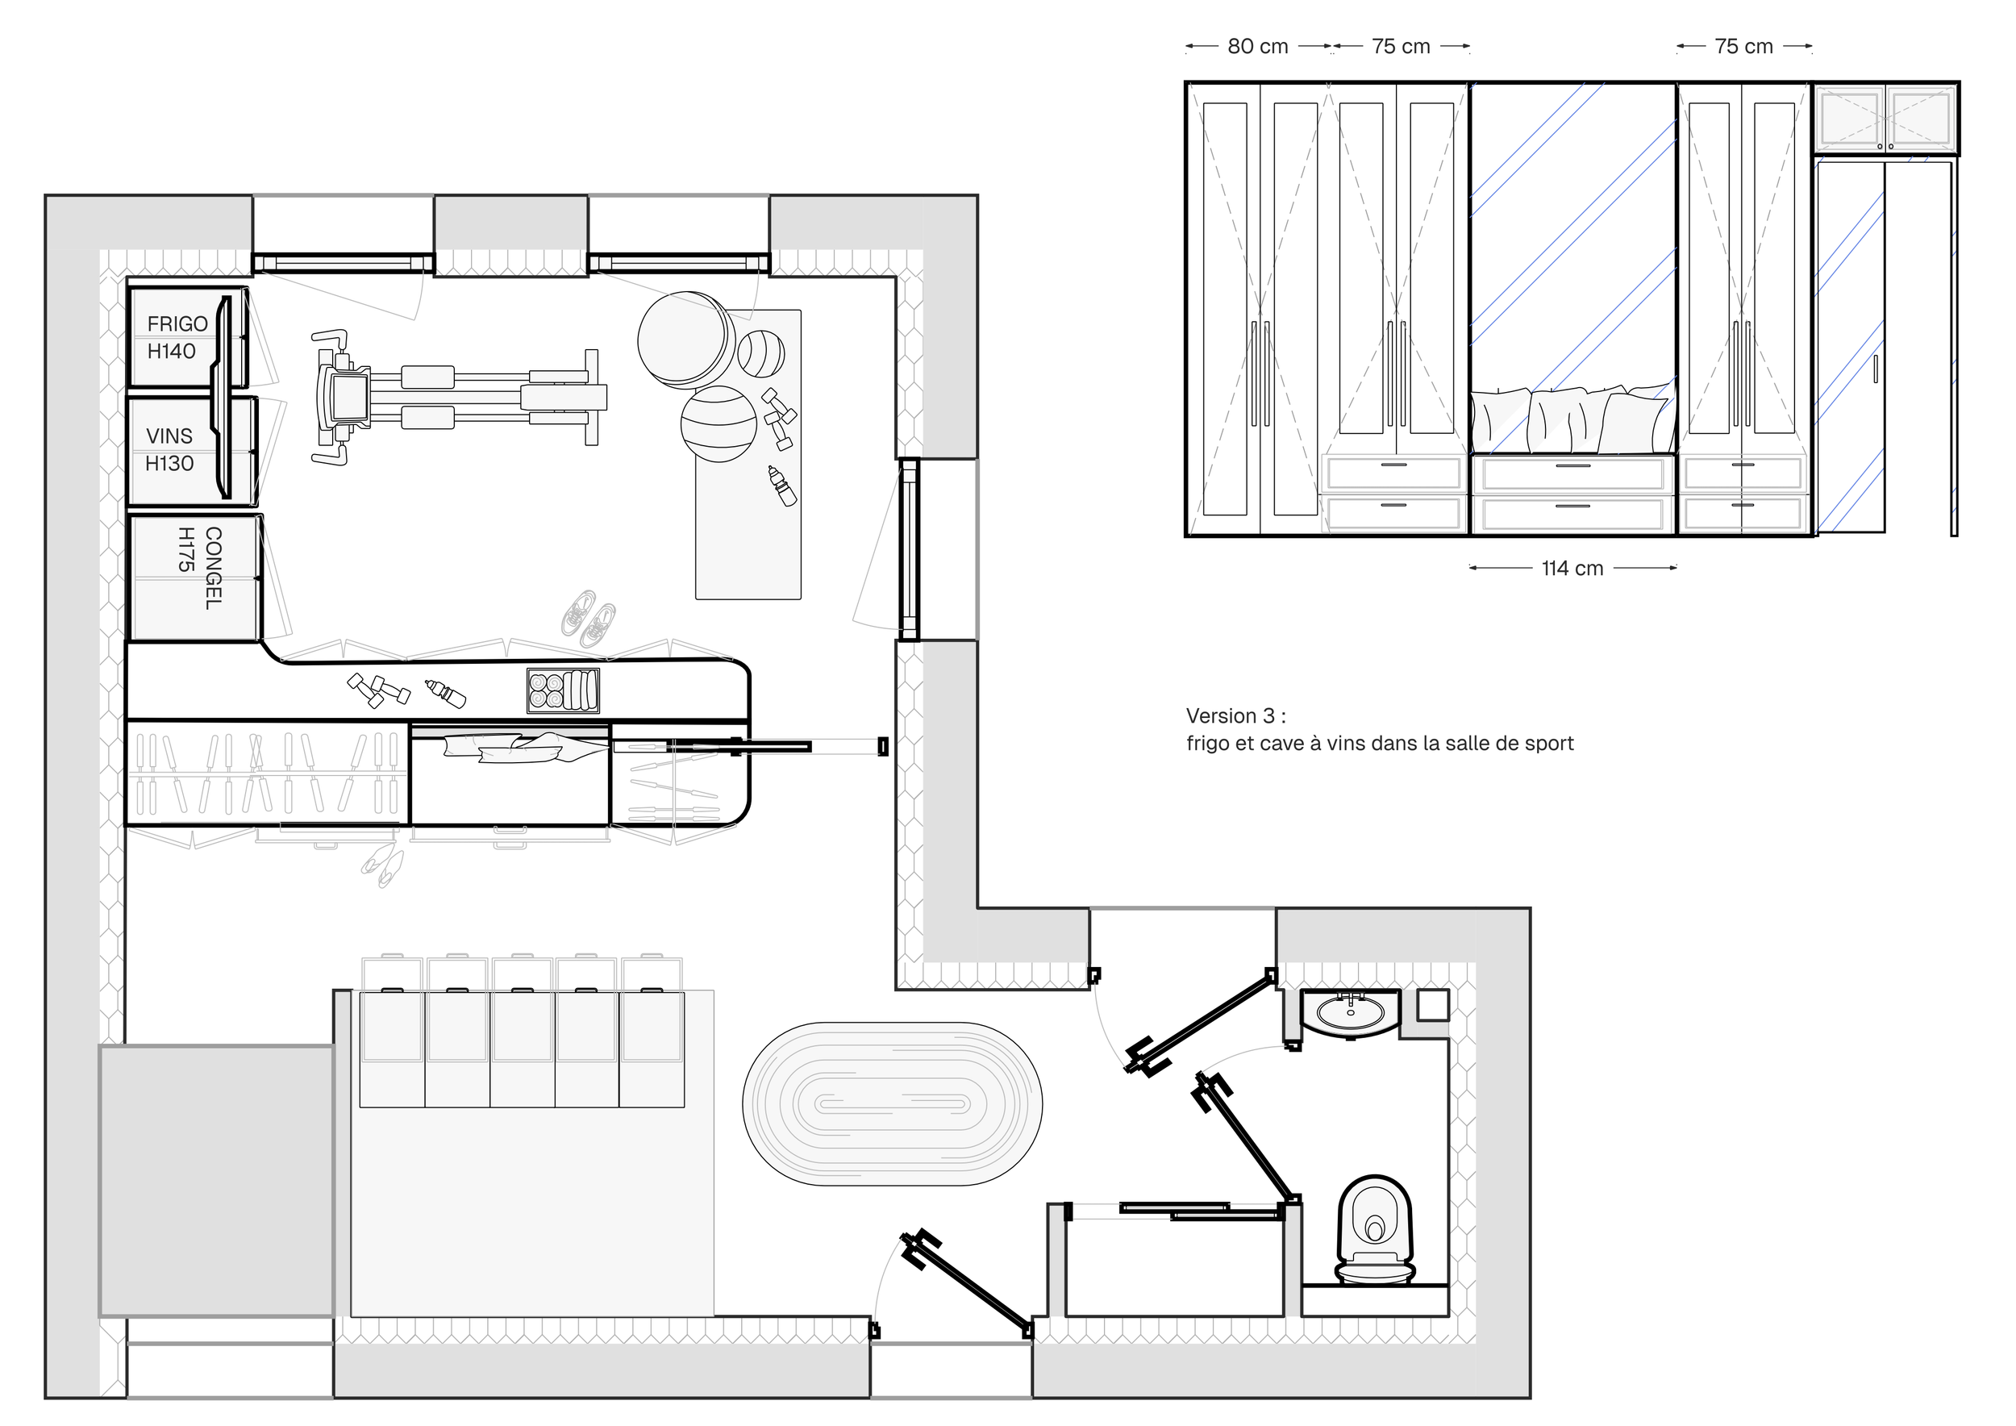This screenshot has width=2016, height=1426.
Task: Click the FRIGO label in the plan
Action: pos(177,324)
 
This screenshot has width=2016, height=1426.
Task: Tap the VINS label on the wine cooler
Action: pos(169,436)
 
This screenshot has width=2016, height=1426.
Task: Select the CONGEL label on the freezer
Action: pos(214,568)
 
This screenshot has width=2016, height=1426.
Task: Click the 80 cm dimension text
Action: pos(1257,47)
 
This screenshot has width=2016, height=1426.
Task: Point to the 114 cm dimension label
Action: pos(1572,568)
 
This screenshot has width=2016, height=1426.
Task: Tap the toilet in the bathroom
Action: pos(1375,1230)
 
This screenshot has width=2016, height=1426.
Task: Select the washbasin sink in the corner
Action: pos(1351,1014)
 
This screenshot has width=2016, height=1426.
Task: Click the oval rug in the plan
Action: pos(892,1103)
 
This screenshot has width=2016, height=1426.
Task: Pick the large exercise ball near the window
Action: pos(685,340)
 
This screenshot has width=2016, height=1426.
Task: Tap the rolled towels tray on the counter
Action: pos(564,690)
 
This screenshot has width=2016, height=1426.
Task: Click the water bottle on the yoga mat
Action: pos(781,486)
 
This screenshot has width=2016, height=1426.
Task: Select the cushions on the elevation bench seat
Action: pos(1572,418)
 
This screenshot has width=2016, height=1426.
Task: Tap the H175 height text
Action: pos(186,550)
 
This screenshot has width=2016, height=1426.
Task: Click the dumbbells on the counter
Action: pos(378,690)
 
